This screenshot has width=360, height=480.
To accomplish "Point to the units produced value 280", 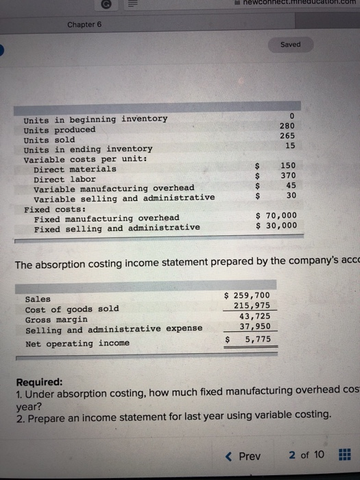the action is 287,126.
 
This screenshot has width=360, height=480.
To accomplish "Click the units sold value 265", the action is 287,136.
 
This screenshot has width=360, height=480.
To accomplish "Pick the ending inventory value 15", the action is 290,145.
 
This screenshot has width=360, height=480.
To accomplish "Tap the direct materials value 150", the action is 287,166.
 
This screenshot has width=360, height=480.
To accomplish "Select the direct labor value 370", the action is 287,176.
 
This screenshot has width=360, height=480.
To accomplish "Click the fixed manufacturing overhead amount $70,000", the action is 276,215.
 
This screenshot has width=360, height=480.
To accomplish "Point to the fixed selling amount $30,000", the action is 276,225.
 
